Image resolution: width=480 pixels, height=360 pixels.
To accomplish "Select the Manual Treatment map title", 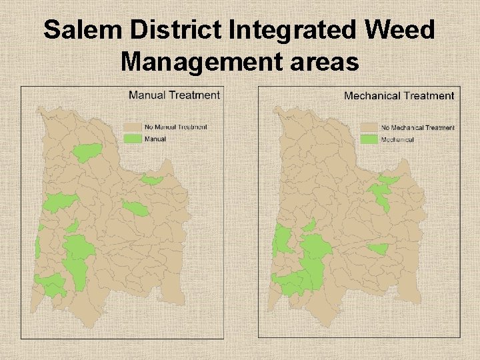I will click(174, 95).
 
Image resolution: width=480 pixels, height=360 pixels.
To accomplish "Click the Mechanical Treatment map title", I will click(399, 96).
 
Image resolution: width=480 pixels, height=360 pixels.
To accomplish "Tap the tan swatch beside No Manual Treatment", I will click(133, 127).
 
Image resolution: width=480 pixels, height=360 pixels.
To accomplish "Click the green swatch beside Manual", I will click(133, 139).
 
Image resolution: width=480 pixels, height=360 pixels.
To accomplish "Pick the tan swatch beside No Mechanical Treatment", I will click(369, 127).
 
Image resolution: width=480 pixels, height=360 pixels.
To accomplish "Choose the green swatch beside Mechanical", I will click(369, 139).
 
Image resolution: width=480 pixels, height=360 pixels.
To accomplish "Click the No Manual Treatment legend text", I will click(176, 127).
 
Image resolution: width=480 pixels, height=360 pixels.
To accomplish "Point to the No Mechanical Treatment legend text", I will click(418, 127).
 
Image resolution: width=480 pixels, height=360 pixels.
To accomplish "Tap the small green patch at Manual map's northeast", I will click(152, 180).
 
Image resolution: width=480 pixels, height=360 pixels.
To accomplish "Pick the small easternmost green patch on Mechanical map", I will click(379, 249).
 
